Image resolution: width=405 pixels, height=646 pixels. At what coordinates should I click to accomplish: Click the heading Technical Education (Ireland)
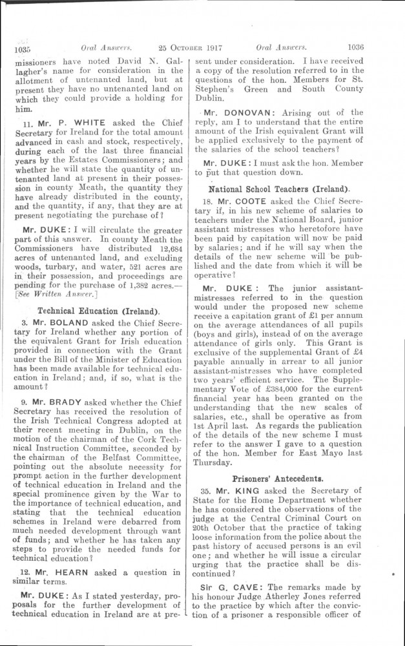tap(99, 311)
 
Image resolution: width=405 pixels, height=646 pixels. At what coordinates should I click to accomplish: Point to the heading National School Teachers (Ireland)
tap(278, 189)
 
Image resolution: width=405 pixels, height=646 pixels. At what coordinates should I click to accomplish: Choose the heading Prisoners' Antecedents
tap(278, 479)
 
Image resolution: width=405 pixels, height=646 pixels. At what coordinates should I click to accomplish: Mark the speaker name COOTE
tap(260, 202)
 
